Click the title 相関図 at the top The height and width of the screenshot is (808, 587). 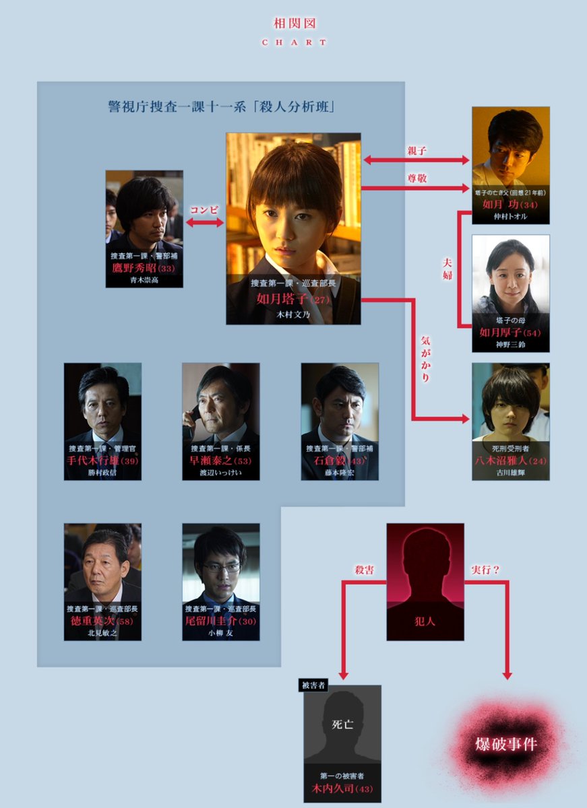pos(294,24)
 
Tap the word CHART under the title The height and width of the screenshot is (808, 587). pos(294,42)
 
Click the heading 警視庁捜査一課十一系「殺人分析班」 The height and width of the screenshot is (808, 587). pos(222,106)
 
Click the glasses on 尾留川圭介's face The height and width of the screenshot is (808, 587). pos(222,567)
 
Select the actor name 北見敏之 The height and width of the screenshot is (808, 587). pos(102,632)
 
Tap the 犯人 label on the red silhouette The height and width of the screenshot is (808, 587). pos(425,621)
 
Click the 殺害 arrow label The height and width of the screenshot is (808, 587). pos(365,570)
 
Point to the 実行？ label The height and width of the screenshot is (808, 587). pos(485,570)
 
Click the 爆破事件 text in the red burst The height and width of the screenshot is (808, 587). pos(505,745)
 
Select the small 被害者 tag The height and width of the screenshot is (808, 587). pos(313,686)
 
